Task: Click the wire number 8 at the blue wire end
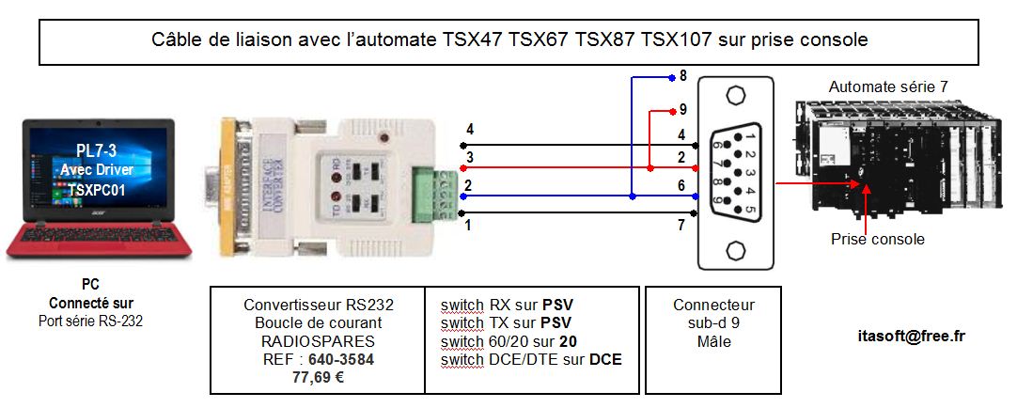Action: (x=683, y=75)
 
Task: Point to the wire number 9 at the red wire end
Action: (x=683, y=108)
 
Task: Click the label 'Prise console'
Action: (x=877, y=239)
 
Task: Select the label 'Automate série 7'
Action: (x=887, y=86)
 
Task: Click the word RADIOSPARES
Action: (x=317, y=340)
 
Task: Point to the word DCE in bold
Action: (x=605, y=358)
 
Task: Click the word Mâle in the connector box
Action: (x=713, y=341)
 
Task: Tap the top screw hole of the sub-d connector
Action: (x=734, y=96)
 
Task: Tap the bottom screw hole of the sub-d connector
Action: (x=734, y=251)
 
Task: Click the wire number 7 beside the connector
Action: (x=681, y=227)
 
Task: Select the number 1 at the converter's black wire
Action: (x=468, y=226)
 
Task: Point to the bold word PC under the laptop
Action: (x=91, y=284)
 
